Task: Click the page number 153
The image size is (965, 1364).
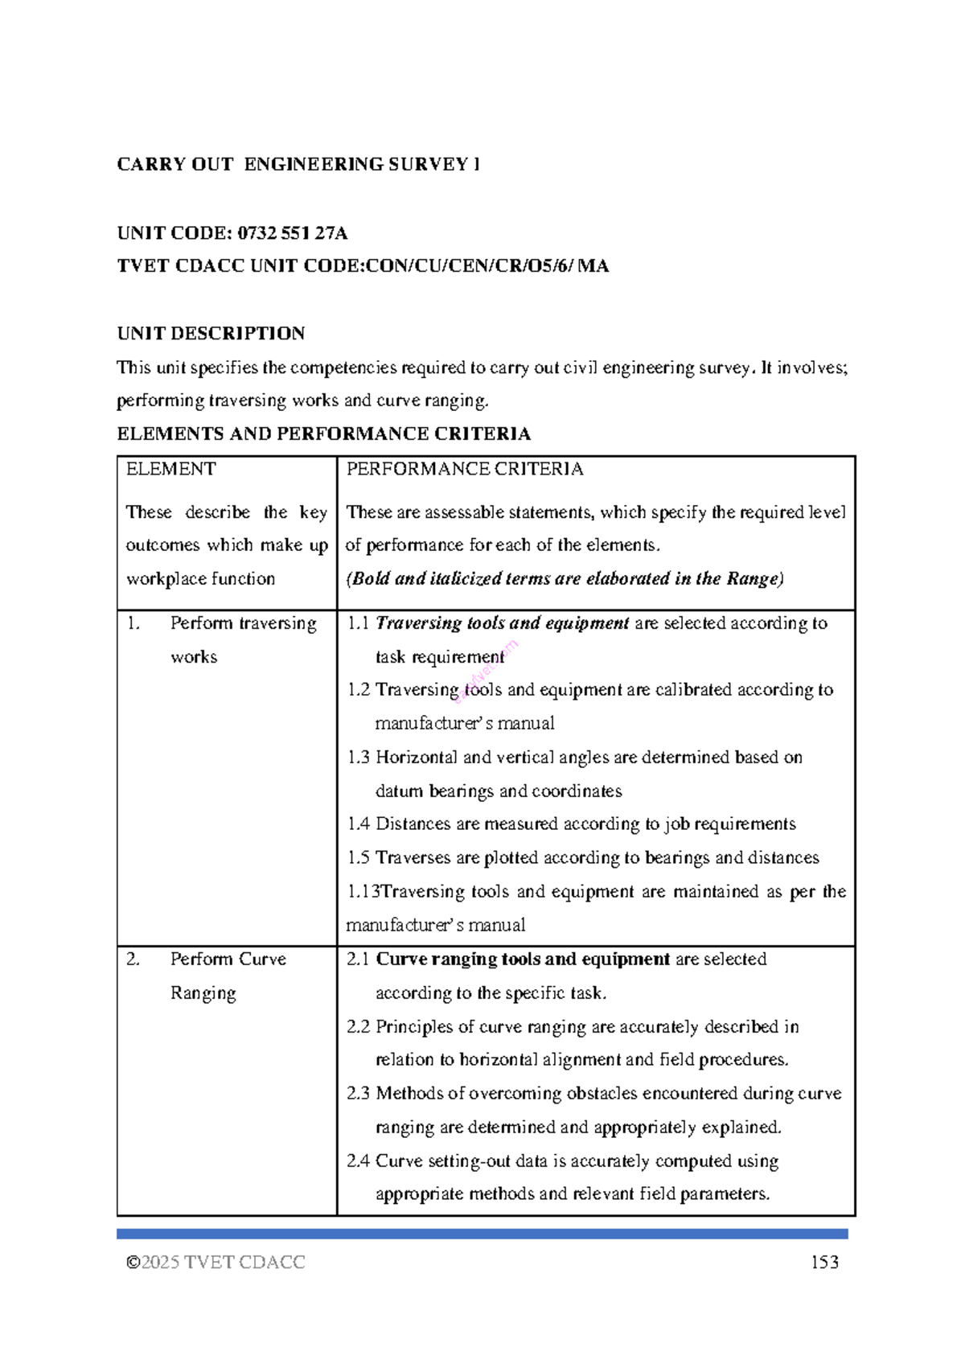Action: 824,1262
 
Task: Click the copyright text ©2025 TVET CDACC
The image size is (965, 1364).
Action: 216,1262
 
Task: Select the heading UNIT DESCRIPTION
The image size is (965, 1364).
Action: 211,334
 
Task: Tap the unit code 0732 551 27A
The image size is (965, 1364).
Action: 293,233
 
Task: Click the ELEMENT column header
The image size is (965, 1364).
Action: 170,469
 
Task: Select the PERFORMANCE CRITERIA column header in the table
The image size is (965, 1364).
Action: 465,469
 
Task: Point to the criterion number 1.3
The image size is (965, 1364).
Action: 358,757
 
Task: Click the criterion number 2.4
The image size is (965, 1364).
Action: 358,1161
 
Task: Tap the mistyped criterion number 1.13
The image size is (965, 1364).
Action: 362,891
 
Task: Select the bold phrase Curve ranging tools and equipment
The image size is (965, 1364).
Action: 523,959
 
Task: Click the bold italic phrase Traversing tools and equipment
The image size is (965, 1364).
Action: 502,622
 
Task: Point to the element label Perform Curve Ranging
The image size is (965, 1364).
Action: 228,975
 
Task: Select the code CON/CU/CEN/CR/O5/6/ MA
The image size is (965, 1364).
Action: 487,266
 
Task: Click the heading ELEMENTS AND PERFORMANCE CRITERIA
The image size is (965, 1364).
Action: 323,434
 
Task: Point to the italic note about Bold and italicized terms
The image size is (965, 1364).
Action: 565,578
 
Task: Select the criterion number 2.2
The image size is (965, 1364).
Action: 358,1026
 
